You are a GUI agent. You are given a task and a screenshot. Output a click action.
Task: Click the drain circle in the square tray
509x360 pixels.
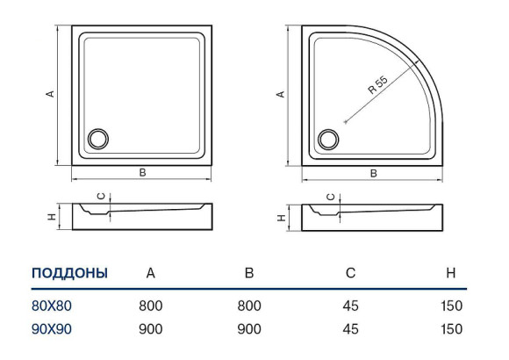98,139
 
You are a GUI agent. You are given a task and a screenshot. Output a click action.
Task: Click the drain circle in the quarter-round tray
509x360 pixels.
328,140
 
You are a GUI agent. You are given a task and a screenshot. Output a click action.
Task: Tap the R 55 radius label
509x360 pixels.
378,85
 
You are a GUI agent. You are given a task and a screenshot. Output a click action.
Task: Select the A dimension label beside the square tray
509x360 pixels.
50,94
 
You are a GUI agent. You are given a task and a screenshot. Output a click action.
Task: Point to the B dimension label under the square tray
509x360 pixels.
142,172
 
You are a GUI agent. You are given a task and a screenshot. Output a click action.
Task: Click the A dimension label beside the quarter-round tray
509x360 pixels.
280,94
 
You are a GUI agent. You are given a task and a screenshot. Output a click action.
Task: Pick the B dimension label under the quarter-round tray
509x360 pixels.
374,173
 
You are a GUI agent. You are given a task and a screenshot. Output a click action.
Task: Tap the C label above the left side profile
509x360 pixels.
102,197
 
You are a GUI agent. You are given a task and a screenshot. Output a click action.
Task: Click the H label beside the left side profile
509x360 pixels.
52,217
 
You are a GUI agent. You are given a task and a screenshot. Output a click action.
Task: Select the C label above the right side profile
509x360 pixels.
331,197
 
